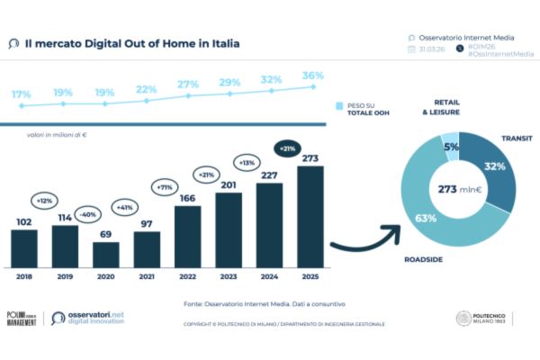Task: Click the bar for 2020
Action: pos(106,255)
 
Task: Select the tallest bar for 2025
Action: pos(310,217)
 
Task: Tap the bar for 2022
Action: pos(188,237)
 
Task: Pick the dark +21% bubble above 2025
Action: pos(288,148)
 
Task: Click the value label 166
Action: pos(188,197)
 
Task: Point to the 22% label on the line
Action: pos(146,89)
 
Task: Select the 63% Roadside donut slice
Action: pos(427,216)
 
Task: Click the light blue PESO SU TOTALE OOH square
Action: pos(340,106)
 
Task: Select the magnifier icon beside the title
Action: pos(13,42)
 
